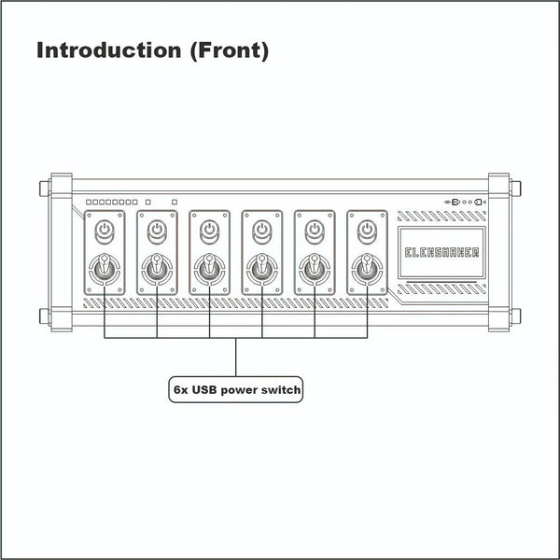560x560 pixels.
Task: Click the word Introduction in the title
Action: (109, 50)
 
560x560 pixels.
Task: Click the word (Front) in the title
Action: (230, 50)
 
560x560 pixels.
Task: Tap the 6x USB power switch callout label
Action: (236, 389)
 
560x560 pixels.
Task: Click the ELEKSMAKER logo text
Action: (441, 253)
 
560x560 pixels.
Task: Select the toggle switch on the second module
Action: (157, 269)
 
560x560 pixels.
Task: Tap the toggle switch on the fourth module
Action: (262, 269)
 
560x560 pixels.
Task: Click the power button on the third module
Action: (210, 231)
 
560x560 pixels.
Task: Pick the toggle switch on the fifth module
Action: (315, 269)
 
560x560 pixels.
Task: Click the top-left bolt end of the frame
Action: (45, 189)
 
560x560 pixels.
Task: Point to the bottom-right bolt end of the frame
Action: (515, 316)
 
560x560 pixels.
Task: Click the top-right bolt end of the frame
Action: (515, 189)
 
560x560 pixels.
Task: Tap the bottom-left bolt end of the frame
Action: (45, 316)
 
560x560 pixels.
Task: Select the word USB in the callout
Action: (204, 389)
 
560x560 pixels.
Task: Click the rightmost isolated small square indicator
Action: (175, 203)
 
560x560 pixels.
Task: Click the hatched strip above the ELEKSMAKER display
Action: (441, 217)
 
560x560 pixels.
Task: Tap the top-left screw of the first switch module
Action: (90, 216)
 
